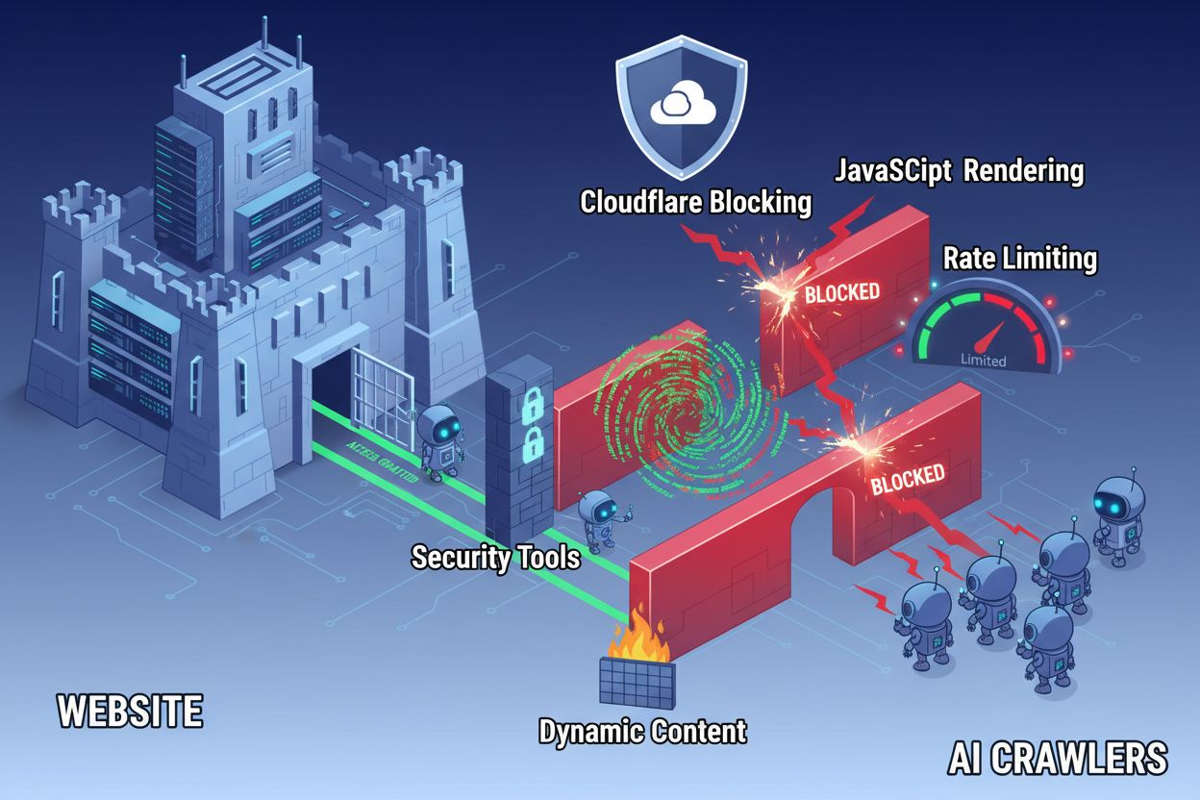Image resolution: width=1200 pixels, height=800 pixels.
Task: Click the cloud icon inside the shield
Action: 682,105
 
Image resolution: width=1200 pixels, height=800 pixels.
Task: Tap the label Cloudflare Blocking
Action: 695,203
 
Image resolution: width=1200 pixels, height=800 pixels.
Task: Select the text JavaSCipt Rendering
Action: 959,171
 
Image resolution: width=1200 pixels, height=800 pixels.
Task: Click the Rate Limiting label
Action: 1019,258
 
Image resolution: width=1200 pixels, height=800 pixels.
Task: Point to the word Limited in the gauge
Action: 983,362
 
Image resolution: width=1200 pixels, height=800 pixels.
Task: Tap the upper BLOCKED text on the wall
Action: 841,292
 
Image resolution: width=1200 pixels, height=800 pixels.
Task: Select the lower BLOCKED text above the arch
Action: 907,478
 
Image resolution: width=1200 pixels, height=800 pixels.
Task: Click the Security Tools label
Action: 495,557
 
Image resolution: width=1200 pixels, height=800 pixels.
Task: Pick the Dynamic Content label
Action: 642,731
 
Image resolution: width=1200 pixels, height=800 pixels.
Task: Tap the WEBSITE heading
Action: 130,712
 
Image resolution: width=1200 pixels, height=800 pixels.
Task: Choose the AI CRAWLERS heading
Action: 1057,759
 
